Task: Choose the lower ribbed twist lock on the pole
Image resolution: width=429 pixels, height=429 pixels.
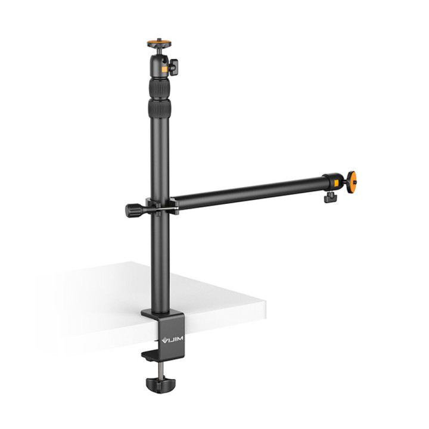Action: pyautogui.click(x=158, y=110)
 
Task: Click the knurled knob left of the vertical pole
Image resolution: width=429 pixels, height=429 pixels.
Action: pyautogui.click(x=132, y=210)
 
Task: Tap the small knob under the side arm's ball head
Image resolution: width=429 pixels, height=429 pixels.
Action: pyautogui.click(x=329, y=198)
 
